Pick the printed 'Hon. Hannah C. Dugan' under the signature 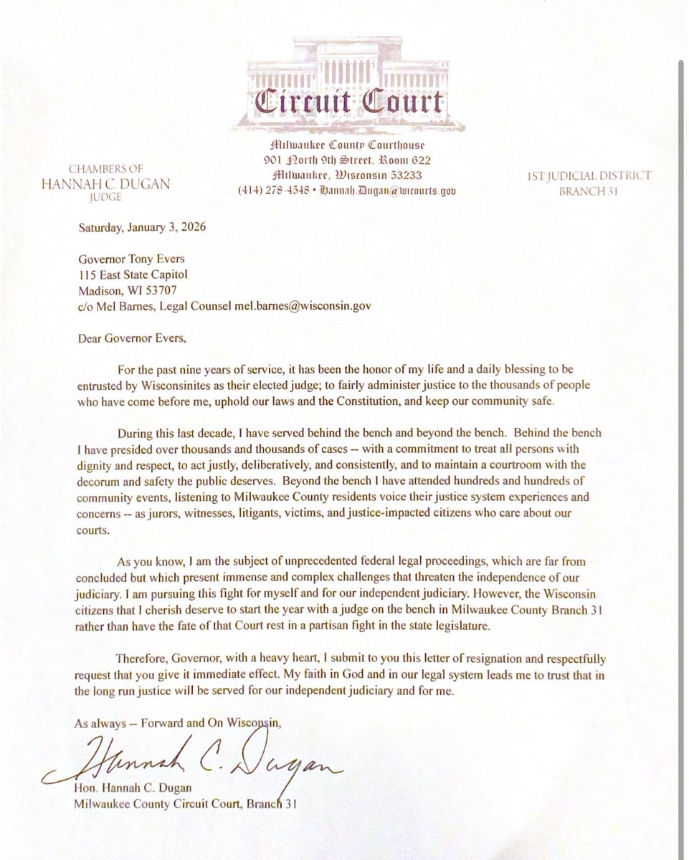coord(129,789)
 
